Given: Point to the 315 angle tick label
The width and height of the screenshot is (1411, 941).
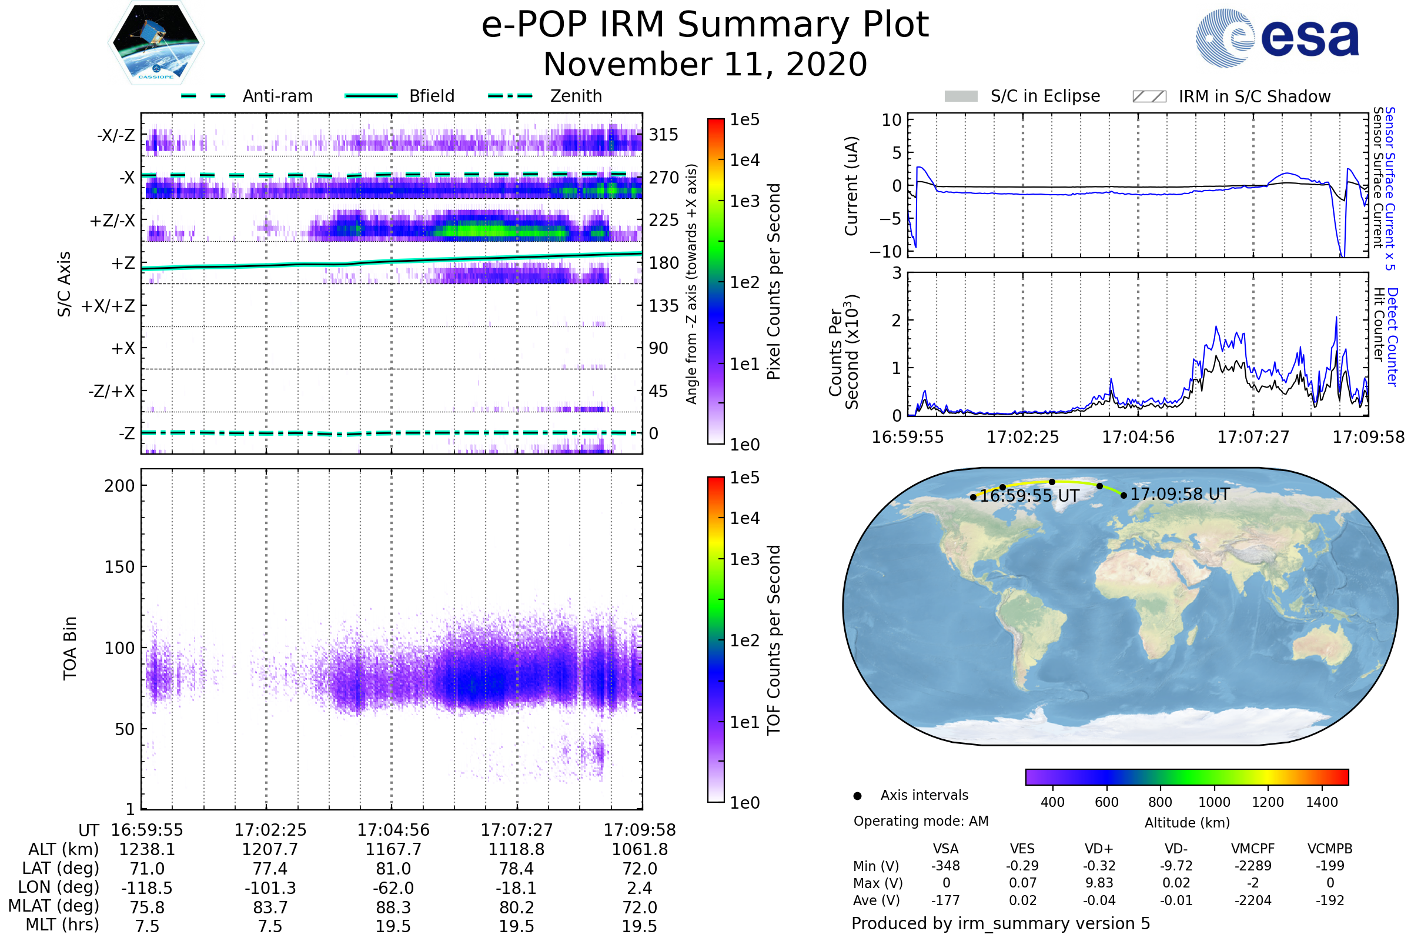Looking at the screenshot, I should click(x=664, y=135).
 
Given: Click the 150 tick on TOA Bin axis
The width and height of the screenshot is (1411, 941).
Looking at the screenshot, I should click(x=119, y=567).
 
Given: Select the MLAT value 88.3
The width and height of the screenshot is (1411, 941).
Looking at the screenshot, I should click(x=393, y=907).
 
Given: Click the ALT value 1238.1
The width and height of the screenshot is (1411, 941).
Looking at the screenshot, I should click(x=147, y=850).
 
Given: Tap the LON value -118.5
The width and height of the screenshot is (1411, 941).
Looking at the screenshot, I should click(x=147, y=888).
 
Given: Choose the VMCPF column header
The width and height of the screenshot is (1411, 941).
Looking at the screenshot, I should click(x=1253, y=849).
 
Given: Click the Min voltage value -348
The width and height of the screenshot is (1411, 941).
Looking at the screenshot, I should click(x=945, y=866).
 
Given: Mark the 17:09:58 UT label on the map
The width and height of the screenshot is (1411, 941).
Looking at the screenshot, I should click(x=1179, y=495).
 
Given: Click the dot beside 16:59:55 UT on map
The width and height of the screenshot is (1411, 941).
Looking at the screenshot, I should click(x=973, y=497).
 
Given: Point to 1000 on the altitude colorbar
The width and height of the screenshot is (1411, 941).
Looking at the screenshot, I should click(x=1214, y=802).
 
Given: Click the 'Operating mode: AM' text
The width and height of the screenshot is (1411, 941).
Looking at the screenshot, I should click(x=921, y=821).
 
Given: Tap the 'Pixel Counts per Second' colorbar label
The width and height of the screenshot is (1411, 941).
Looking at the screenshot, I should click(x=774, y=282).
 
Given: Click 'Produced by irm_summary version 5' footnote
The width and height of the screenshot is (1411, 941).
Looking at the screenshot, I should click(x=1001, y=923).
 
